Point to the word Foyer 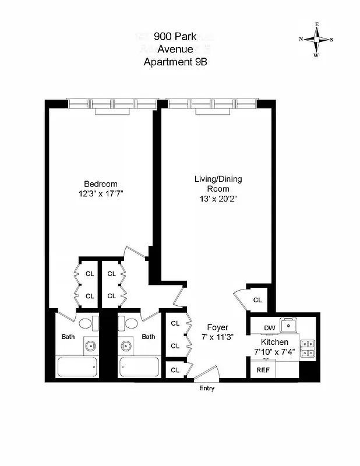218,327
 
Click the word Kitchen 274,342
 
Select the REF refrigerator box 263,369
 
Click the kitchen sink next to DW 288,324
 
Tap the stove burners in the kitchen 308,348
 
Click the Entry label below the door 206,389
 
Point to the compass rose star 316,40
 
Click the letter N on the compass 301,40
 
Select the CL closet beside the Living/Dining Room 257,300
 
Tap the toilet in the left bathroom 85,323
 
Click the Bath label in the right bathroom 149,336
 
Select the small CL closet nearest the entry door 174,370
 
